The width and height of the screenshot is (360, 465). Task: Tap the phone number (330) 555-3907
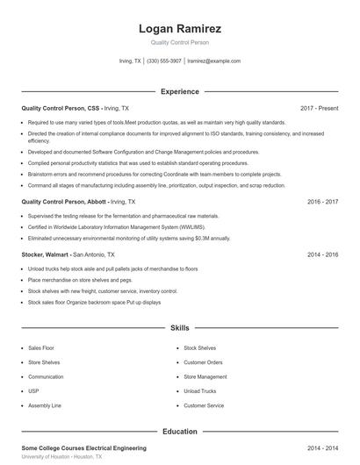(164, 61)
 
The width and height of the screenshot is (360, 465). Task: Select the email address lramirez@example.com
(214, 61)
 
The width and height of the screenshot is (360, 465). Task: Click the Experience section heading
(179, 91)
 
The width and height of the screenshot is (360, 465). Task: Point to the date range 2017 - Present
(319, 108)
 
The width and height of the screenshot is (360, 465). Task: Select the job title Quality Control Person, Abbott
(65, 201)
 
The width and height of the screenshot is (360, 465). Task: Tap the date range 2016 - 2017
(322, 201)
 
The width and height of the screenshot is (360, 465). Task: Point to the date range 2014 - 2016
(322, 254)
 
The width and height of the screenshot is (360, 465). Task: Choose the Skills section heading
(179, 328)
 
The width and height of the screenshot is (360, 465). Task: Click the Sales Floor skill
(41, 348)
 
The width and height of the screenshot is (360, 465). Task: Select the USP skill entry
(33, 391)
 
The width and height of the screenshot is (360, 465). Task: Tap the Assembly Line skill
(44, 405)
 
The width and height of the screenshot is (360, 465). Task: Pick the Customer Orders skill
(203, 362)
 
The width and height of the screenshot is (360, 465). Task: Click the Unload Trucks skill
(200, 391)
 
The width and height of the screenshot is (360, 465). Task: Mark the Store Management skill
(205, 376)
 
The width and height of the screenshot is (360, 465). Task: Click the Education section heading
(179, 432)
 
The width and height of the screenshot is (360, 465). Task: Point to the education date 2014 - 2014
(322, 447)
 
